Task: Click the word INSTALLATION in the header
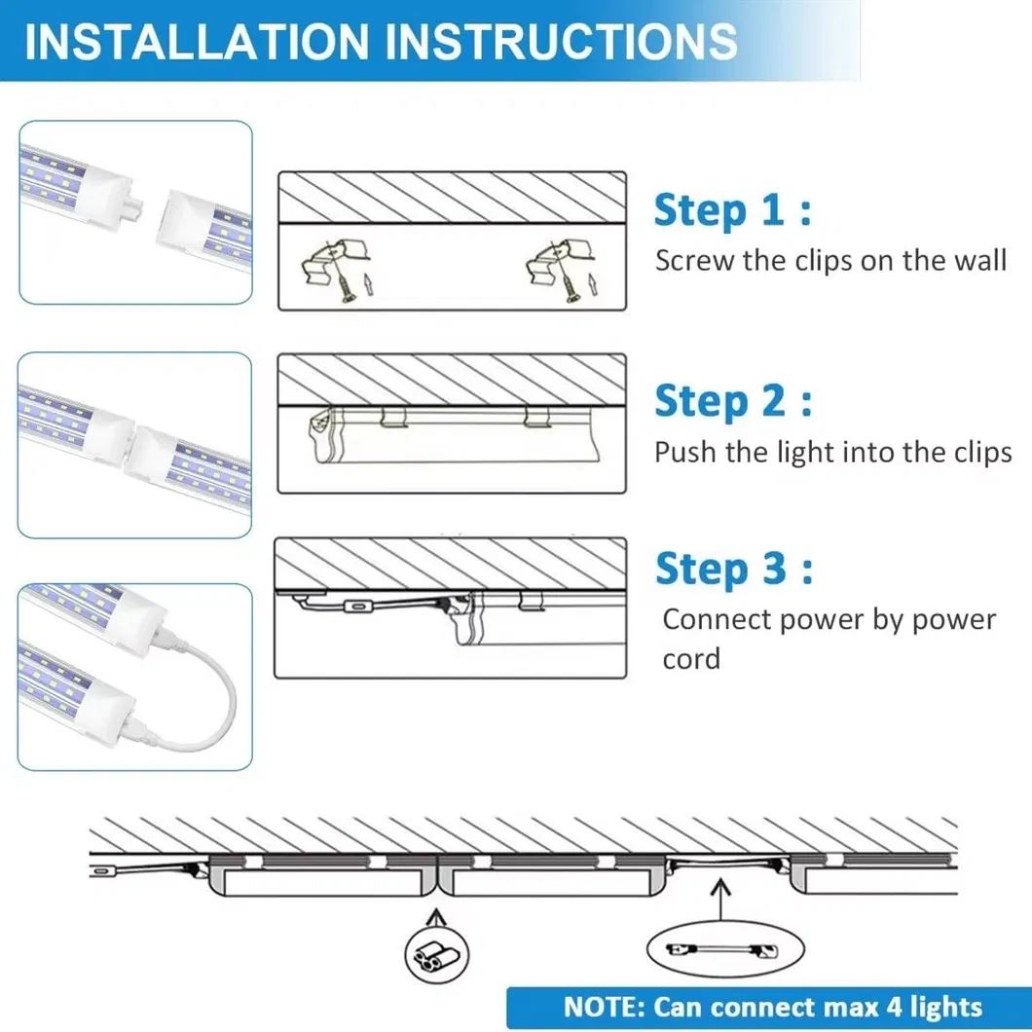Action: pyautogui.click(x=196, y=42)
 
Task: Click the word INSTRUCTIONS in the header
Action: pyautogui.click(x=561, y=42)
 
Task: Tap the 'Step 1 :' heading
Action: pyautogui.click(x=732, y=210)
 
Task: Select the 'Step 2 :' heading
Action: pyautogui.click(x=733, y=401)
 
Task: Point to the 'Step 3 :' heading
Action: pyautogui.click(x=734, y=569)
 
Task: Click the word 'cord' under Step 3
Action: pyautogui.click(x=691, y=659)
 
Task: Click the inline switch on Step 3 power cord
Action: pyautogui.click(x=357, y=607)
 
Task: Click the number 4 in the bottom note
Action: pyautogui.click(x=894, y=1008)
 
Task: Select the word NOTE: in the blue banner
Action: pyautogui.click(x=605, y=1008)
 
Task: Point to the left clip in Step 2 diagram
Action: pyautogui.click(x=393, y=418)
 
